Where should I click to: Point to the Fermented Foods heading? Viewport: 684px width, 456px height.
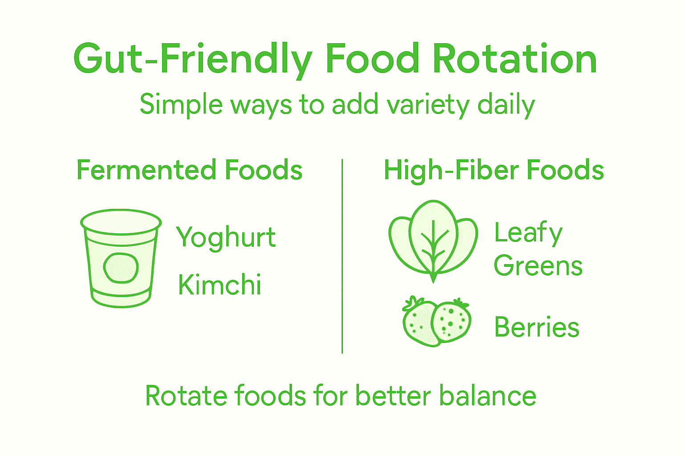pyautogui.click(x=189, y=170)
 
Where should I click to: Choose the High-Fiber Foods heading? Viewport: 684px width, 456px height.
pyautogui.click(x=493, y=171)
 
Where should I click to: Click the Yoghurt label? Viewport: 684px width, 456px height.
pyautogui.click(x=226, y=237)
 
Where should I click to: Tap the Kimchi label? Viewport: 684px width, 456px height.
pyautogui.click(x=220, y=285)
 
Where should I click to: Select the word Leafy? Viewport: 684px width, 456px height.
pyautogui.click(x=528, y=233)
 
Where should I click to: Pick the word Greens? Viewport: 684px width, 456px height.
pyautogui.click(x=538, y=266)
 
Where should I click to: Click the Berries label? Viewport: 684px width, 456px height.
pyautogui.click(x=537, y=327)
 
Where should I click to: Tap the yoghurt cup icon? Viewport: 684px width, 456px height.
pyautogui.click(x=121, y=258)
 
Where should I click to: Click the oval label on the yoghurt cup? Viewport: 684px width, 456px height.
pyautogui.click(x=121, y=268)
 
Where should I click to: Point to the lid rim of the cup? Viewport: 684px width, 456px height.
pyautogui.click(x=121, y=221)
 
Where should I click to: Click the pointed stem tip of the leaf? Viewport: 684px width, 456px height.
pyautogui.click(x=433, y=279)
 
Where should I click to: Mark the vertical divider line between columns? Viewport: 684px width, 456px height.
pyautogui.click(x=342, y=256)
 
